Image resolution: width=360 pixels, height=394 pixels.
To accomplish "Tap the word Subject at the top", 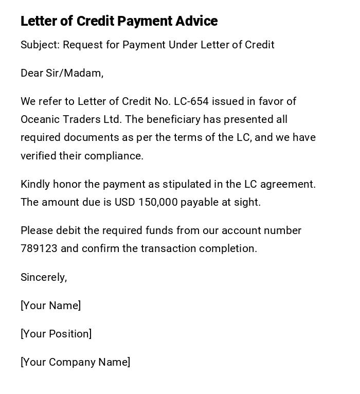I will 40,45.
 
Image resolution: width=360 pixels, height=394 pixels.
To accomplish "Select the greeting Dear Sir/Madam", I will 62,73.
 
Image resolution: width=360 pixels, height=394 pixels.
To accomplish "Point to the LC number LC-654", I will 191,101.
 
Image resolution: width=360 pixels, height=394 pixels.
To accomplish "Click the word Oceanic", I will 40,119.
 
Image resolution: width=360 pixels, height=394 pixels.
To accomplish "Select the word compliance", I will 114,156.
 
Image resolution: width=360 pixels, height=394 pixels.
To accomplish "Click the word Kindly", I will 35,184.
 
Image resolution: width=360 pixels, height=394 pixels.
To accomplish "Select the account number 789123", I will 39,248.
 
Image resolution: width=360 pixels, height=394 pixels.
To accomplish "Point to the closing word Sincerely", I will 44,277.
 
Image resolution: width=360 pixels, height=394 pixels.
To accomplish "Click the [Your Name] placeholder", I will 51,306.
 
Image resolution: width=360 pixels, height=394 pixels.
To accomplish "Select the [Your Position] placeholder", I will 56,334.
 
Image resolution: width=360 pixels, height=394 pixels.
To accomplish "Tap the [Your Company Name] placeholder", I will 76,362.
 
